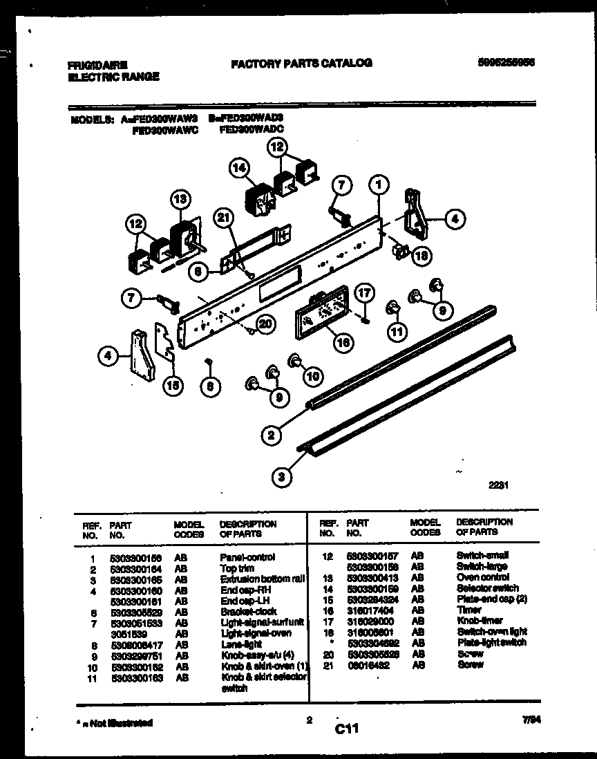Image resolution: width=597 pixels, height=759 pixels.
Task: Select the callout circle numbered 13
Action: [179, 200]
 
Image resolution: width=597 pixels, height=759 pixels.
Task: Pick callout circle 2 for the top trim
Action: [272, 435]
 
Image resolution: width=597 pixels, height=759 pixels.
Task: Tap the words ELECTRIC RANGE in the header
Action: [113, 77]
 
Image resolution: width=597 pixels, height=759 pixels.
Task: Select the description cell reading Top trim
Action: [236, 567]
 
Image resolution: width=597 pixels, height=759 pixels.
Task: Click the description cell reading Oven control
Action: [482, 577]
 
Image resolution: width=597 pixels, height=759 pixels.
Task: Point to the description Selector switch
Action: [487, 588]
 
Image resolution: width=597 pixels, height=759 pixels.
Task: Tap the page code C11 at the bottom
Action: [350, 728]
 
